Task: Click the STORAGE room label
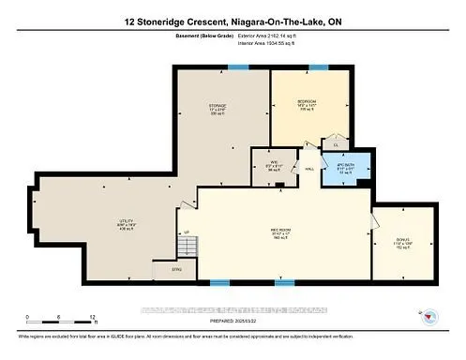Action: click(218, 107)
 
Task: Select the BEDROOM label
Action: click(306, 103)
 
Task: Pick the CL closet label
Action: click(336, 143)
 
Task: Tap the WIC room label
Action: click(263, 168)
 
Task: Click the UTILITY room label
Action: click(99, 225)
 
